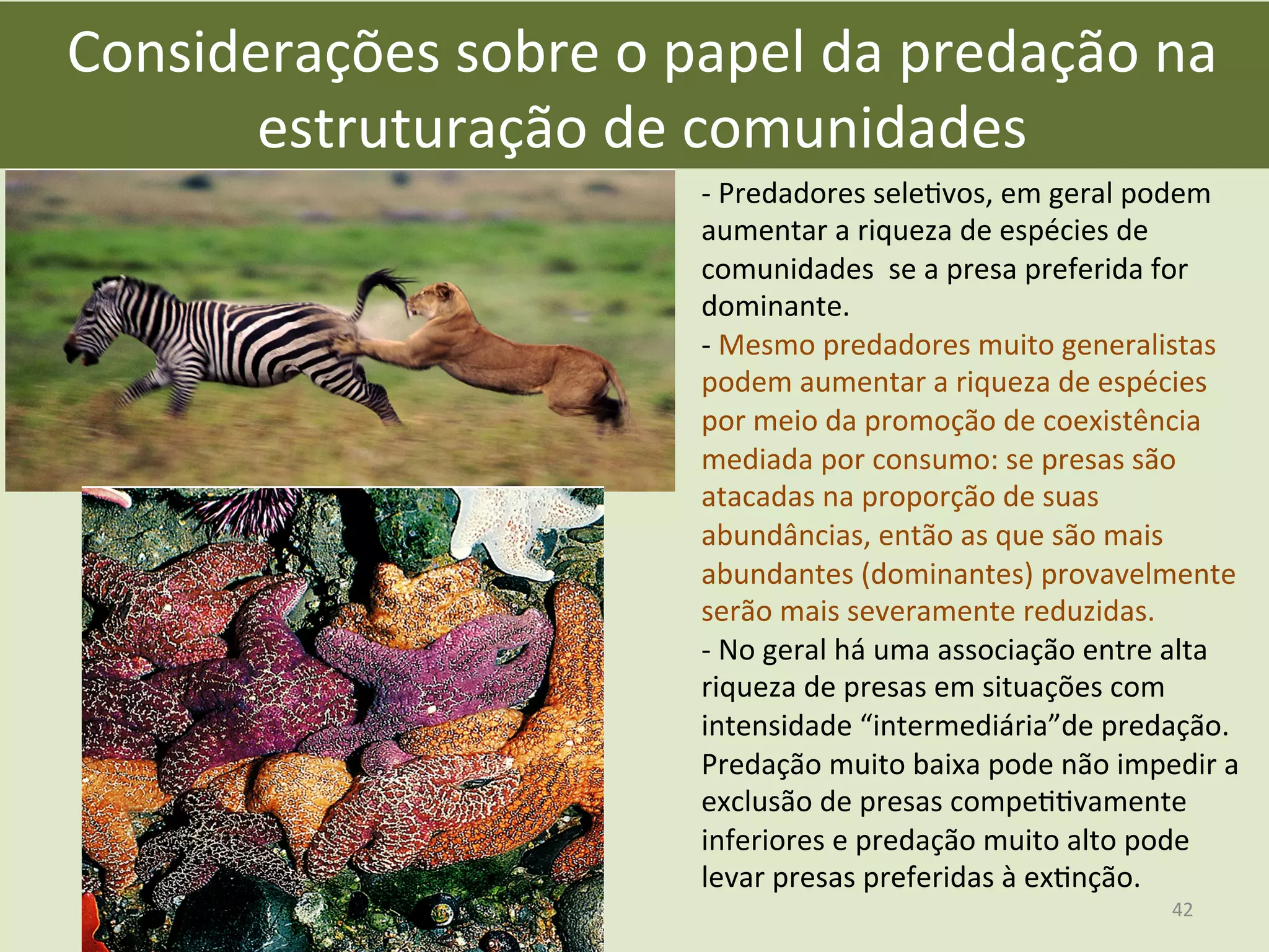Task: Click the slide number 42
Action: point(1182,909)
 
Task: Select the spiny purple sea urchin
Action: point(248,508)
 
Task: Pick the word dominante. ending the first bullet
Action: point(775,306)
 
